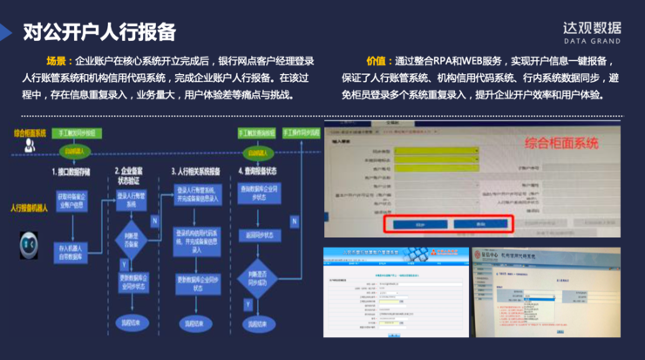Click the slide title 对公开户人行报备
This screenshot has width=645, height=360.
[x=99, y=32]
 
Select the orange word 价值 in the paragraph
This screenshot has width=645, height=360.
[x=378, y=62]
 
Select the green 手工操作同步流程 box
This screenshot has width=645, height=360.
[x=301, y=133]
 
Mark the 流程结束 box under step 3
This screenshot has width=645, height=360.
[x=196, y=323]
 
